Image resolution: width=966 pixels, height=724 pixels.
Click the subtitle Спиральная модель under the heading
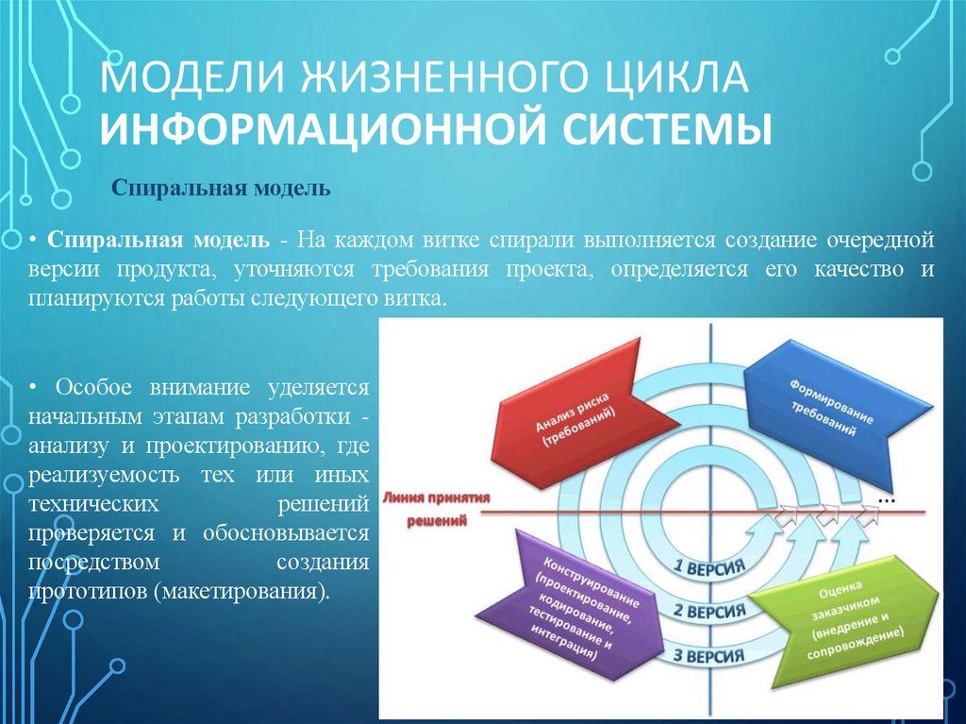222,189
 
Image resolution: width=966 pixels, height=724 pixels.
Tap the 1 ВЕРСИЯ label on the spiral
708,568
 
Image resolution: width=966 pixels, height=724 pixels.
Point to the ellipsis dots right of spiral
885,496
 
